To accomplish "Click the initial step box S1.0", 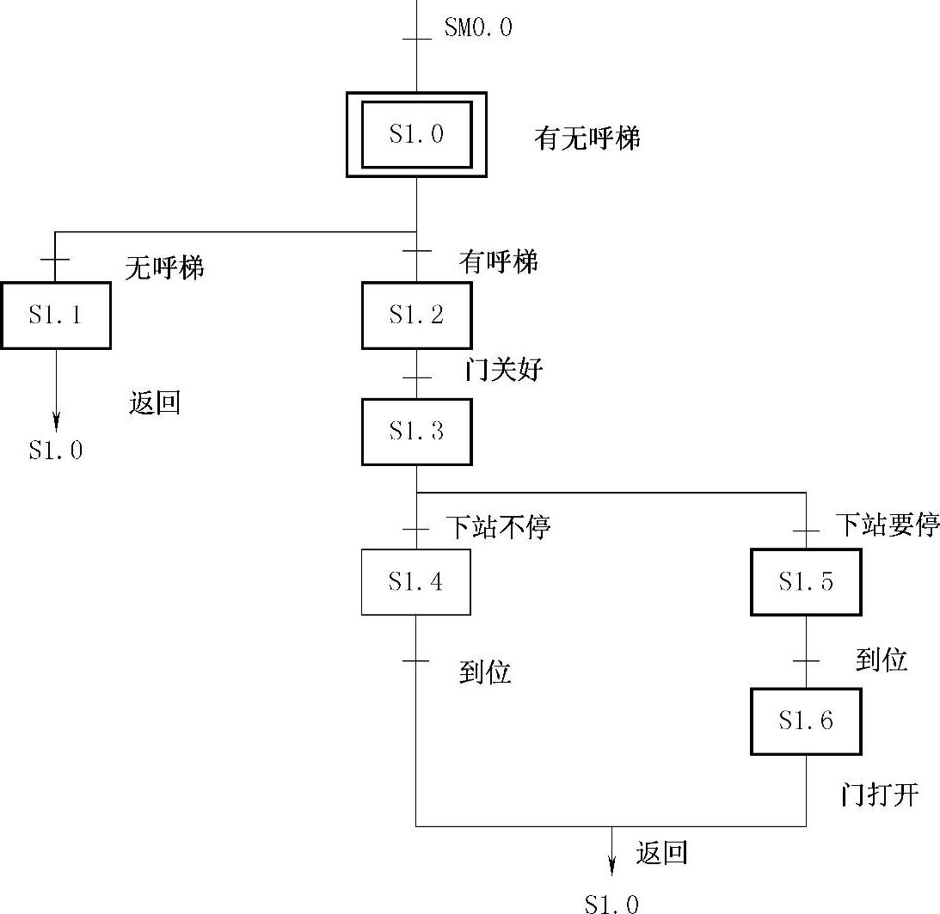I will pos(416,134).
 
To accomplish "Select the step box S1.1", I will pos(55,315).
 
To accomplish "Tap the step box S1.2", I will pos(416,315).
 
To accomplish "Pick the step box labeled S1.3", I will pos(416,431).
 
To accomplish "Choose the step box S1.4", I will pos(416,582).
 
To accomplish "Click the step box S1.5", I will pos(806,582).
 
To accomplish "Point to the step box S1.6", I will pos(806,721).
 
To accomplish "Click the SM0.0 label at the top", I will pos(477,28).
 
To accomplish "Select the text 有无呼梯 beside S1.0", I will pos(587,138).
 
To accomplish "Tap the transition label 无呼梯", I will pos(165,267).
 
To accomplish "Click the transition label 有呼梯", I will pos(499,261).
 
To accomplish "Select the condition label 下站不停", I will pos(498,526).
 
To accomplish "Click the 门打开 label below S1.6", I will pos(879,795).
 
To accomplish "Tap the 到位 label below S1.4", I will pos(485,672).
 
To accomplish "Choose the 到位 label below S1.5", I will pos(882,660).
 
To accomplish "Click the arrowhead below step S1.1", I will pos(56,421).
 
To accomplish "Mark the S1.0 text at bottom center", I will pos(611,903).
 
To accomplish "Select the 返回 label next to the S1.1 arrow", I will pos(155,402).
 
